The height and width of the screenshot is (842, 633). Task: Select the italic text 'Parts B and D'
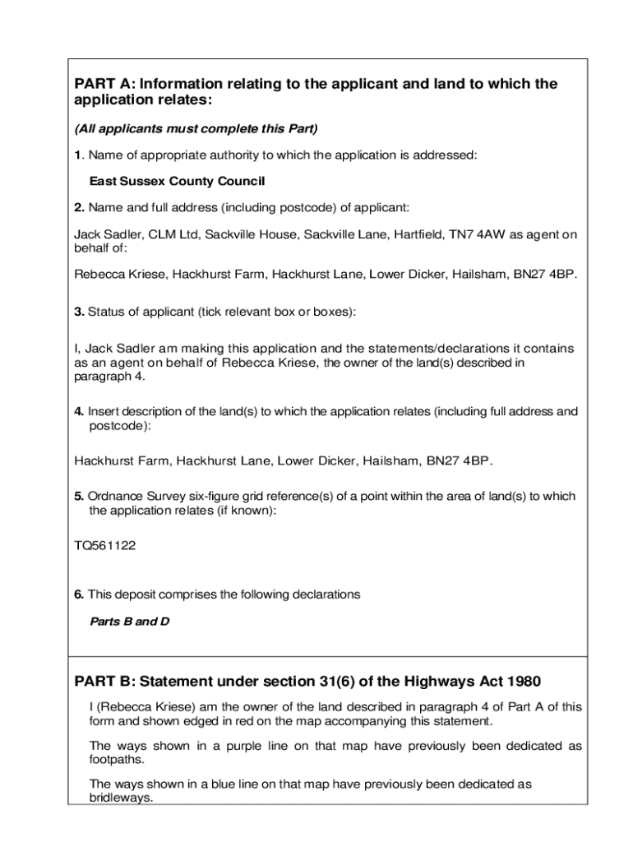129,622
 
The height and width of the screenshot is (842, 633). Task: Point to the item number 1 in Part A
77,155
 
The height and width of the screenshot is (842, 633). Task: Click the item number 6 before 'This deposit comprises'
78,594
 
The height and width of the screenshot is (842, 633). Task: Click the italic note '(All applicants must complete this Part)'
196,129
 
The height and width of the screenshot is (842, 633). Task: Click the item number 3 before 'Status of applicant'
78,312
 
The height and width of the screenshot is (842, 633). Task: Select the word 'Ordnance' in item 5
113,497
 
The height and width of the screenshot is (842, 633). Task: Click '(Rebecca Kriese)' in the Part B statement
138,707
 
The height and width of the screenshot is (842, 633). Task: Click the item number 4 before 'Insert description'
78,412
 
